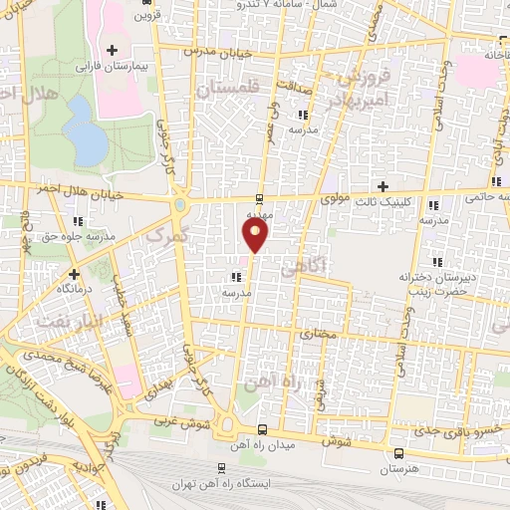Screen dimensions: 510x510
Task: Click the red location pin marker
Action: click(x=256, y=235)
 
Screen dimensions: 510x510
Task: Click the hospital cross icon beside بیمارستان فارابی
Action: click(x=112, y=50)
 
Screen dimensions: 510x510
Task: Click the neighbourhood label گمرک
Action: click(x=164, y=236)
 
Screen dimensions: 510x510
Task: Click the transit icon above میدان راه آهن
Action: click(x=261, y=429)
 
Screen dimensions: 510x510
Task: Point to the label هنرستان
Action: click(x=398, y=468)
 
